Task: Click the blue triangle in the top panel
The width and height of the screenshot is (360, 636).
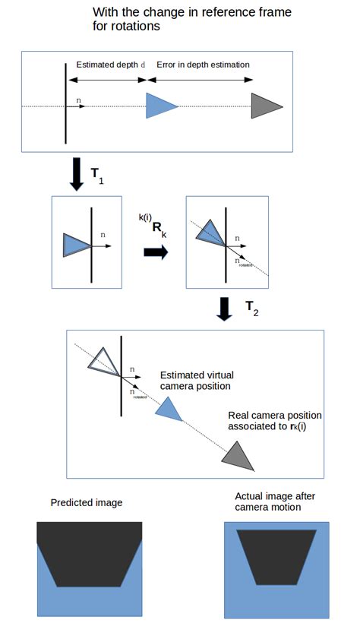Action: tap(159, 106)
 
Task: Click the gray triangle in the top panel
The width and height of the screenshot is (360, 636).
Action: tap(265, 106)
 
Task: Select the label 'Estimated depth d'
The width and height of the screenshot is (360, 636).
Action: tap(111, 65)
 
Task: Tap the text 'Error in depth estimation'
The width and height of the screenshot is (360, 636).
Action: tap(203, 65)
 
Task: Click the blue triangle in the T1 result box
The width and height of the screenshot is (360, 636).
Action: tap(76, 245)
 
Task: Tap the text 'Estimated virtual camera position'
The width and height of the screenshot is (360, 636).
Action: tap(195, 381)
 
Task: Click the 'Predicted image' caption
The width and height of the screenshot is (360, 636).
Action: tap(86, 503)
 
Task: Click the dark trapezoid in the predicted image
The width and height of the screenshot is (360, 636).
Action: tap(89, 552)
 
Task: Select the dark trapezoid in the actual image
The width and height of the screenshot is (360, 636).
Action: tap(276, 555)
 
